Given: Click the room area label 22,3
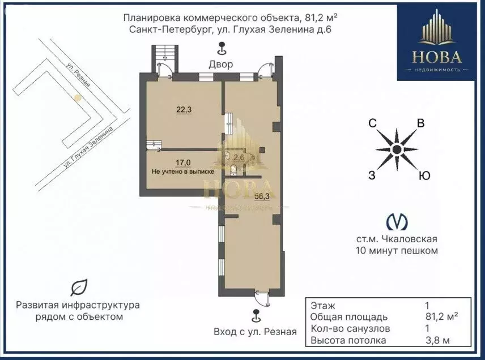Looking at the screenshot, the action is tap(184, 109).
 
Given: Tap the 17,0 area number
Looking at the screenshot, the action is tap(184, 162).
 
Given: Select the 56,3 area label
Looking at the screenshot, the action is tap(262, 196).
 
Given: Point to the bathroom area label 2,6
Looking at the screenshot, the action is tap(239, 157).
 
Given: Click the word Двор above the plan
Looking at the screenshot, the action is tap(221, 65).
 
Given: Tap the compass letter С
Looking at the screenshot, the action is tap(373, 123).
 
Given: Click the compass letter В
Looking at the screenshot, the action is tap(420, 123).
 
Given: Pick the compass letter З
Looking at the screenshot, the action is tap(372, 175).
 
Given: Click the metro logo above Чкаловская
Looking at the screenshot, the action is tap(397, 222).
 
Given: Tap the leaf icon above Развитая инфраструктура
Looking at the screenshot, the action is tap(79, 288).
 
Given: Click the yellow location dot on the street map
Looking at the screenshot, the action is tap(78, 98).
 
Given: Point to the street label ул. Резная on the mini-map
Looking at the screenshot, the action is tap(79, 75).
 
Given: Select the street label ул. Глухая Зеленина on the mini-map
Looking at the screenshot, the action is tap(88, 147).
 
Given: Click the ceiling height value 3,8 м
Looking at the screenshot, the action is tap(437, 341).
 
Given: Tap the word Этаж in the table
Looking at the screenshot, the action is tap(323, 306).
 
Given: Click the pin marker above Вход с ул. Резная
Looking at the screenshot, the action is tap(256, 316).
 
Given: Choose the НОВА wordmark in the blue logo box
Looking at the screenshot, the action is tap(436, 57).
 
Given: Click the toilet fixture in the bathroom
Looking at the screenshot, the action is tap(233, 169).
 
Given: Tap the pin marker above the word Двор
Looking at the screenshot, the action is tap(222, 49).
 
